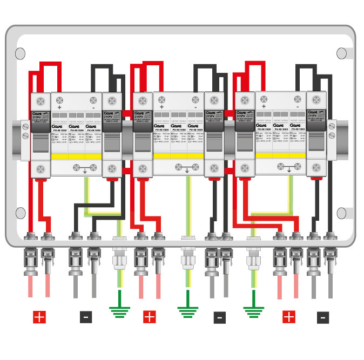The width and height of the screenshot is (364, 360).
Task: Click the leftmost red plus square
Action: pos(39,317)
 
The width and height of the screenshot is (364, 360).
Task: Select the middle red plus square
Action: pos(150,317)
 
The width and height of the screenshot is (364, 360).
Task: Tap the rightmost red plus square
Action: pos(289,317)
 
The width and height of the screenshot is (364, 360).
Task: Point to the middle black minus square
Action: pos(219,317)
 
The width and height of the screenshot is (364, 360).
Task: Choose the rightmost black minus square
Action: pos(322,317)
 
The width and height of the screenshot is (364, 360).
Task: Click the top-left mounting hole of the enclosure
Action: pos(21,53)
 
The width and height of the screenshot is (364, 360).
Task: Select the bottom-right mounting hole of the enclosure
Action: pos(342,213)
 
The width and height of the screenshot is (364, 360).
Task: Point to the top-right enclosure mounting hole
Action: pos(342,53)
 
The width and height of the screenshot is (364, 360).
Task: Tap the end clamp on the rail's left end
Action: pos(25,140)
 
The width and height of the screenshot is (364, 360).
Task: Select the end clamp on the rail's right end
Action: pos(332,140)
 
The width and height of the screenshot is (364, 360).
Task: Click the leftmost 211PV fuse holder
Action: pos(41,135)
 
